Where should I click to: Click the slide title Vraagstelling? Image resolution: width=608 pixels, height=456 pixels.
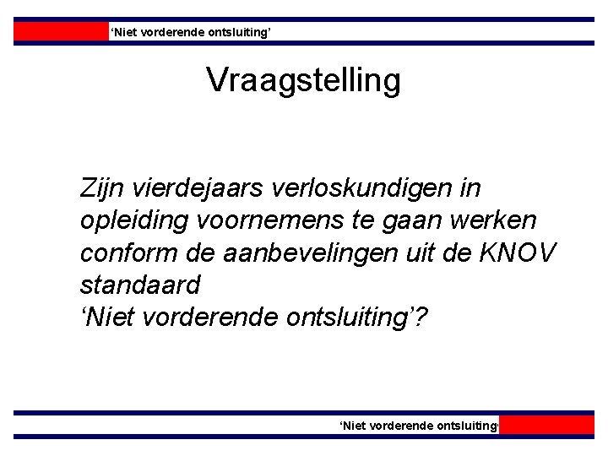[x=303, y=81]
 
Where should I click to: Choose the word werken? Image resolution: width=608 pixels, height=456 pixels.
[x=506, y=221]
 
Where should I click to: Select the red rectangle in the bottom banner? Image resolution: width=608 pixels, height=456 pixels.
[x=552, y=425]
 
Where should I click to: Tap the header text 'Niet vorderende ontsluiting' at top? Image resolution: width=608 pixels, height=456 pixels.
[x=190, y=32]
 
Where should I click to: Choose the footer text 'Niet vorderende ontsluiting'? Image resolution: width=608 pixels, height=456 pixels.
[x=419, y=426]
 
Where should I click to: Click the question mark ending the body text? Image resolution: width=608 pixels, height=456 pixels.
[x=421, y=319]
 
